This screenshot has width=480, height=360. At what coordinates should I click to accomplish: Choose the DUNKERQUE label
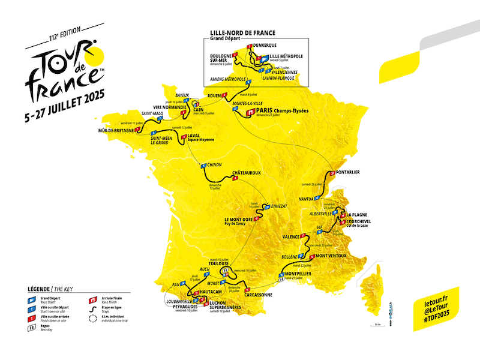(x=266, y=44)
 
